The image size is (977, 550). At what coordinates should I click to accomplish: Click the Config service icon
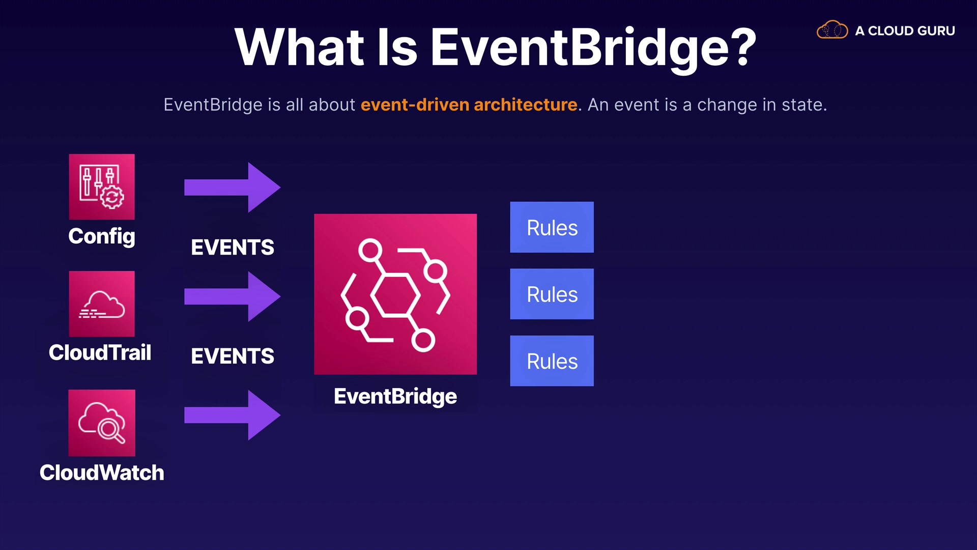pos(102,187)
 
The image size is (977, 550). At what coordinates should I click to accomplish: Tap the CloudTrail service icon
pos(102,304)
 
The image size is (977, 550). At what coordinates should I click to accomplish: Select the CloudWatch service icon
pos(102,423)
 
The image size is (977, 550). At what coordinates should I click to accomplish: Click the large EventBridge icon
pos(395,294)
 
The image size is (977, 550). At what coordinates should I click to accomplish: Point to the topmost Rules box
pos(552,227)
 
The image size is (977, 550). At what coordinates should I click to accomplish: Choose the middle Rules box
pos(552,294)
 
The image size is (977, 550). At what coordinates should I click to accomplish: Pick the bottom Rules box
pos(552,361)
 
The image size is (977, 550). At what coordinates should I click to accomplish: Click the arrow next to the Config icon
pos(232,187)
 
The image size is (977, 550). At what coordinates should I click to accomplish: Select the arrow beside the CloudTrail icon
pos(232,296)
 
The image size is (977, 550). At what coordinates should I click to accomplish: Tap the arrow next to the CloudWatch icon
pos(232,415)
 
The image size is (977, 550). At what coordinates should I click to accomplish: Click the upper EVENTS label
pos(233,248)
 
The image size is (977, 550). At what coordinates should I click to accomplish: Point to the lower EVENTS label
pos(233,356)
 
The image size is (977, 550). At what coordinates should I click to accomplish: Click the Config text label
pos(102,237)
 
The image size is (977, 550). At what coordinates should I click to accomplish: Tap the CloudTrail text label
pos(100,352)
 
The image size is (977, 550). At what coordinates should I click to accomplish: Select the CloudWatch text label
pos(102,473)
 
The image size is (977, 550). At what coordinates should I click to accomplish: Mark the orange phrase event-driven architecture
pos(469,104)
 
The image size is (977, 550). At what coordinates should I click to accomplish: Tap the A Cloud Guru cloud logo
pos(832,30)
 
